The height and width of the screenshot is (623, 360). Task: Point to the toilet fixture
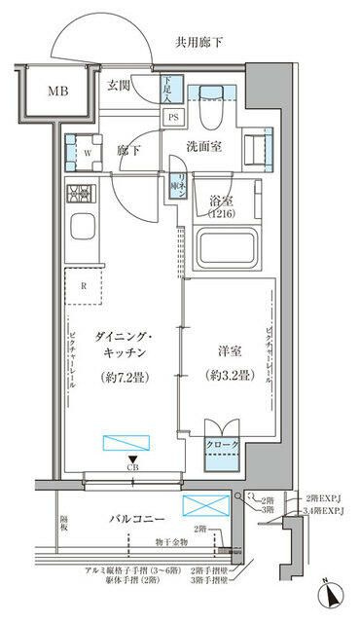point(207,112)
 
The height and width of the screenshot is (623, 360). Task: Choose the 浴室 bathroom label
point(221,205)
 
